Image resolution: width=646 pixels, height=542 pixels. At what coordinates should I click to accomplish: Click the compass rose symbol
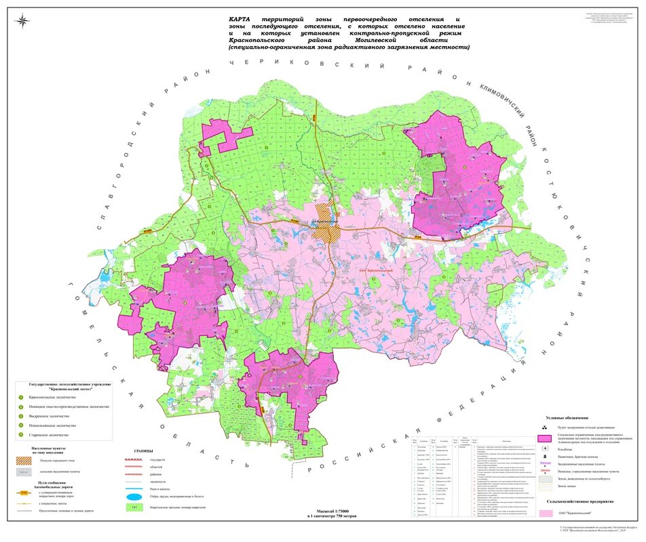pos(23,20)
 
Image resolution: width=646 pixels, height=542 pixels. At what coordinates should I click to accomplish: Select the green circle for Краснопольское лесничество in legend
pos(21,398)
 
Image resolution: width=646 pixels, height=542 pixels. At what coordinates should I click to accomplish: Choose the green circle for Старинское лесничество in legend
pos(21,434)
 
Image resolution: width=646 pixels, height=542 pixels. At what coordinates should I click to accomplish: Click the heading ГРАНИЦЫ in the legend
pos(143,451)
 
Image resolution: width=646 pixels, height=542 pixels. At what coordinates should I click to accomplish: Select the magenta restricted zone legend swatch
pos(545,439)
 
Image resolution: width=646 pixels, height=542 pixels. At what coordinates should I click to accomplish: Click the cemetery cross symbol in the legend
pos(545,449)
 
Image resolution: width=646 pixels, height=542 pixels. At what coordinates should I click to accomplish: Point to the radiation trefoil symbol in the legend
pos(545,428)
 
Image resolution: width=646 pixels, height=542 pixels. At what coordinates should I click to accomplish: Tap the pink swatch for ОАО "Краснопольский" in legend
pos(545,513)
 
